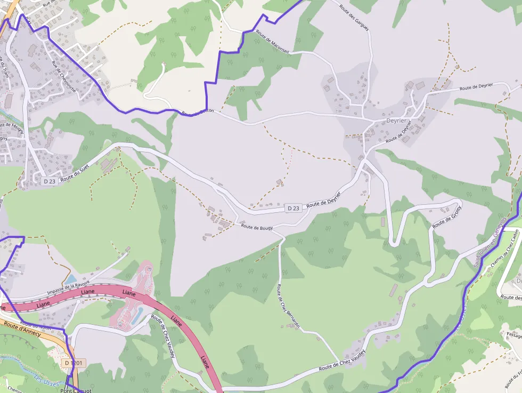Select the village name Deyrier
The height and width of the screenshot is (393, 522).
pos(396,121)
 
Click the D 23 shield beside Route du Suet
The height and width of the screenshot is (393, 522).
pos(50,181)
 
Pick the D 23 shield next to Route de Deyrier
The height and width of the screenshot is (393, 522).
pos(293,208)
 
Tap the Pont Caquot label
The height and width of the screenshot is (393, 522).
pos(76,390)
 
